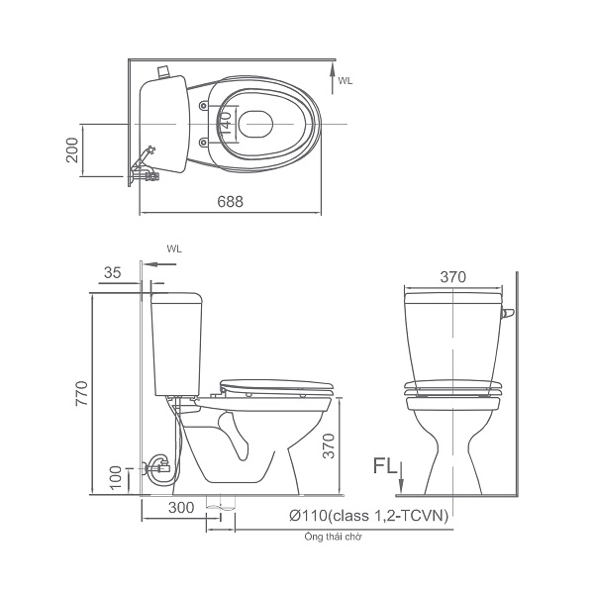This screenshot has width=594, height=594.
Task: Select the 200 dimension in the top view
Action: coord(72,151)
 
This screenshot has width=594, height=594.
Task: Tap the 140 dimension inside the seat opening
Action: coord(226,123)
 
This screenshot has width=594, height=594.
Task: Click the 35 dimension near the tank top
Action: coord(112,272)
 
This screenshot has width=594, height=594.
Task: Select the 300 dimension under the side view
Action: coord(179,508)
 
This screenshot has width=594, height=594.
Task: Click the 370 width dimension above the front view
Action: coord(451,278)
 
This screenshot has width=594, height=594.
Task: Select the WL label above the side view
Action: coord(174,250)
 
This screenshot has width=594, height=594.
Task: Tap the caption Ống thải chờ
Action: coord(333,537)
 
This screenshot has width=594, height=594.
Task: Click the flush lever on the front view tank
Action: coord(509,315)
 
